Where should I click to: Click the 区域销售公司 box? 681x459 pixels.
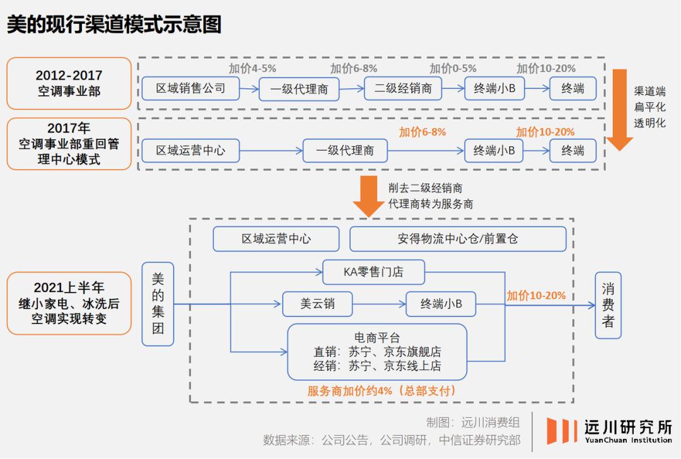(191, 88)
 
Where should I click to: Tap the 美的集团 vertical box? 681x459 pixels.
(158, 304)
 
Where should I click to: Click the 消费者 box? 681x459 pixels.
(608, 305)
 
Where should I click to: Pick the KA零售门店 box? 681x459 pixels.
(373, 272)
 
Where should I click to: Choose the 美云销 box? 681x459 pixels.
(317, 304)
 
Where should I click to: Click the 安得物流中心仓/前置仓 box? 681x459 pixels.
(458, 239)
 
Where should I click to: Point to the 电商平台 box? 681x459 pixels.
(377, 352)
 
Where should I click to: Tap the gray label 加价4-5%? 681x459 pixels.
(252, 69)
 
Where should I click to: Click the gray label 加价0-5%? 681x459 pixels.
(453, 69)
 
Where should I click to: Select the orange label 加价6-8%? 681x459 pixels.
(422, 132)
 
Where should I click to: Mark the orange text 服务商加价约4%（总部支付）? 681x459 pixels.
(382, 391)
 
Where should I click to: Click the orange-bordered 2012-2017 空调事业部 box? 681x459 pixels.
(69, 83)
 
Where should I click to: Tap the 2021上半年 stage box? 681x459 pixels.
(69, 303)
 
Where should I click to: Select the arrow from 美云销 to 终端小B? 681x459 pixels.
(378, 304)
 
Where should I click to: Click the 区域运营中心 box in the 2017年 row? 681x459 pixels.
(190, 151)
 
